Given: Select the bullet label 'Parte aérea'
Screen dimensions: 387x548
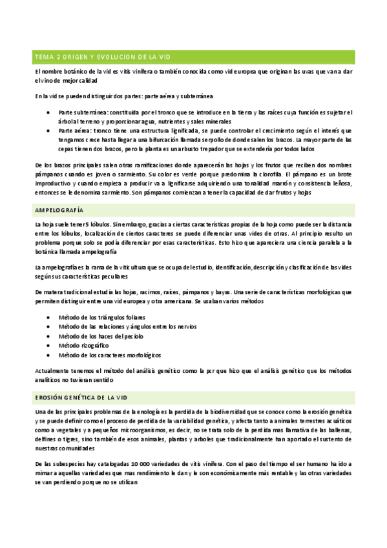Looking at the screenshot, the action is (74, 130).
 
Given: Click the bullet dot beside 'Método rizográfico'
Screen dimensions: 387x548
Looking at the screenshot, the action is (50, 346).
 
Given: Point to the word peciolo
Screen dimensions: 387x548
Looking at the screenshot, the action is (132, 336).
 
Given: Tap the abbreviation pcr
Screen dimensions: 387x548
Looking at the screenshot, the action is (185, 370).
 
